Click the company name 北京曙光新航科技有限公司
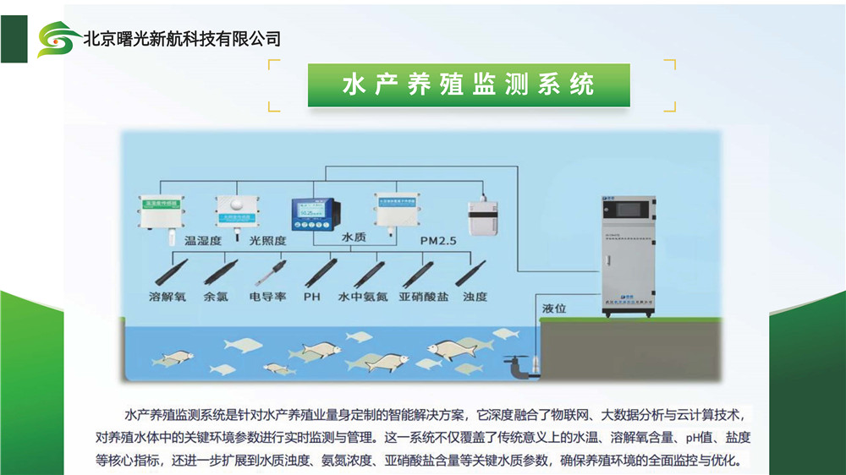(181, 39)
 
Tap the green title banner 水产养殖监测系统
(469, 85)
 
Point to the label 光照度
(267, 241)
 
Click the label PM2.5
(438, 241)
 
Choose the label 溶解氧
(165, 298)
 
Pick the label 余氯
(216, 298)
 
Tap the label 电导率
(266, 298)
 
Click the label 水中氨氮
(362, 298)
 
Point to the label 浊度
(475, 298)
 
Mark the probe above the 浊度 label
(470, 273)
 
